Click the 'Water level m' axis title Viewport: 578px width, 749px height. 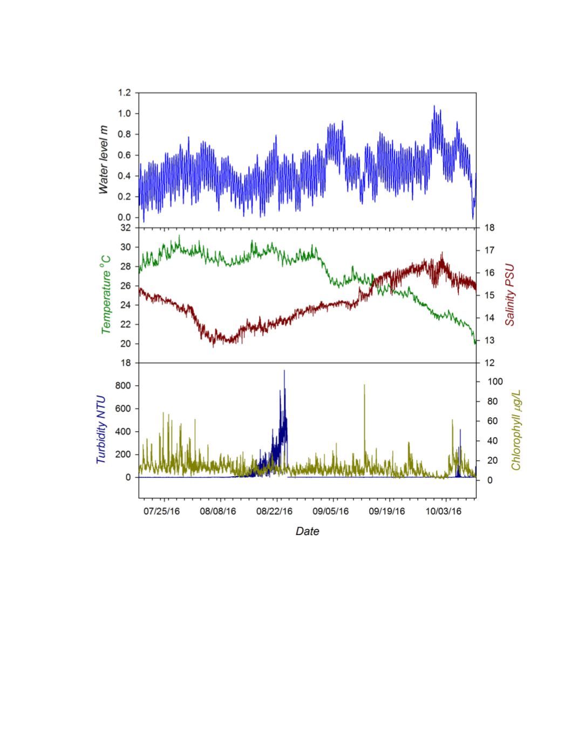[104, 160]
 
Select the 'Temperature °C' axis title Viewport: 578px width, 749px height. [106, 295]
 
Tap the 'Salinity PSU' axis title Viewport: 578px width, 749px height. [509, 295]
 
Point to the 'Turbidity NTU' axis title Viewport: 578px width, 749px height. [101, 430]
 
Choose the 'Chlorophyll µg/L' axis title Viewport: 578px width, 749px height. [516, 430]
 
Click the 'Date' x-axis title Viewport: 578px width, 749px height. [307, 531]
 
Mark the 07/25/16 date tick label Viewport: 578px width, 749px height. [162, 511]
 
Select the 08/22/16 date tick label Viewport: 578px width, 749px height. [274, 511]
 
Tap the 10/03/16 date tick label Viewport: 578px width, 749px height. [444, 511]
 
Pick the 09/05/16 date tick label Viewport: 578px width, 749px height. [331, 511]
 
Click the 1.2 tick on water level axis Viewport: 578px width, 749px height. [124, 93]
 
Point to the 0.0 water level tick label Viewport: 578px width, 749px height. [124, 217]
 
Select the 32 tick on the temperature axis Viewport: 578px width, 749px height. [125, 228]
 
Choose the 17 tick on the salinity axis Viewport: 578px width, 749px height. [489, 250]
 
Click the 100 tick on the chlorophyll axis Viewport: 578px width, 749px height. [494, 382]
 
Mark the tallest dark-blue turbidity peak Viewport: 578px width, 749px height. [284, 371]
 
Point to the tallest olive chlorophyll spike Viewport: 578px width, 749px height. [364, 385]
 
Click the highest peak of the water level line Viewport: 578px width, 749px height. [434, 106]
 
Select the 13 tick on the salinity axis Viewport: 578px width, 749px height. [489, 340]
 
